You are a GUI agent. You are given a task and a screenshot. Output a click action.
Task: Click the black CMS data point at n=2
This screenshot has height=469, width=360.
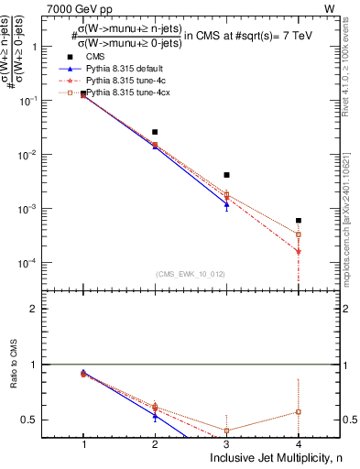tap(155, 132)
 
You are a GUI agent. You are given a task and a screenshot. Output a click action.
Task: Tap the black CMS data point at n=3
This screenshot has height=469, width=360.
tap(226, 175)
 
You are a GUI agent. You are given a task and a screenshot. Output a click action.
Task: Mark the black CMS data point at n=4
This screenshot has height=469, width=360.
tap(298, 221)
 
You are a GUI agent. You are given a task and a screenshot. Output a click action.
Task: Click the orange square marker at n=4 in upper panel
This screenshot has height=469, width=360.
tap(298, 234)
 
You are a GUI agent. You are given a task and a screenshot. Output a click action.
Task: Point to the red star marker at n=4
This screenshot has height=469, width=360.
tap(298, 251)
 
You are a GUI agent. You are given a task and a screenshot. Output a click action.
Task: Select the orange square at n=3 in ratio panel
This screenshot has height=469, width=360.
tap(226, 431)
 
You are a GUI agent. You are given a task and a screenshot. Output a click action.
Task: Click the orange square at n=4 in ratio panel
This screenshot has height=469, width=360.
tap(298, 411)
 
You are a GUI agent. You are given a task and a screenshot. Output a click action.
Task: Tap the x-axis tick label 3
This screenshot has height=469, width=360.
tap(226, 443)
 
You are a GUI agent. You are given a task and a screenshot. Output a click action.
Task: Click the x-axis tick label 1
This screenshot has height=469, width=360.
tap(83, 443)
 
